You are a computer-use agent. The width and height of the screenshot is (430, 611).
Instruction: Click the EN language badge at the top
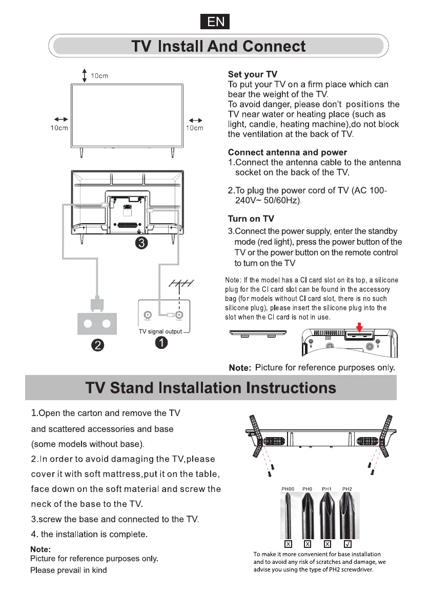[215, 22]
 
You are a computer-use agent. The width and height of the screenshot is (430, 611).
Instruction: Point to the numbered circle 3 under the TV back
[141, 244]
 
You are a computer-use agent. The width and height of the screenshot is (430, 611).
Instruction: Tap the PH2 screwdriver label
[347, 488]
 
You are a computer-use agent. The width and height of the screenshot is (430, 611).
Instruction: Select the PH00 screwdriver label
[288, 488]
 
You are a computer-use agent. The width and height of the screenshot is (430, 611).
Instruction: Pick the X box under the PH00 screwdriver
[288, 543]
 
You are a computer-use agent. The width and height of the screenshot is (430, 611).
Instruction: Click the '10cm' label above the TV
[99, 76]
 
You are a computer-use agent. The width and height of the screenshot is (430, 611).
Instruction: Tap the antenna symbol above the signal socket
[180, 285]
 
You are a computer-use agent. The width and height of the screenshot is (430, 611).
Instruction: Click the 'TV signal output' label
[160, 331]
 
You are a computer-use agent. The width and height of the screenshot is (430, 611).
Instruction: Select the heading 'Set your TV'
[252, 75]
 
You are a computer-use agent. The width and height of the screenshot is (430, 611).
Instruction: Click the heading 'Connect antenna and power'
[287, 152]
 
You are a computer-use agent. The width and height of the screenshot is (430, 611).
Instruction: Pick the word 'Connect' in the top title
[274, 47]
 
